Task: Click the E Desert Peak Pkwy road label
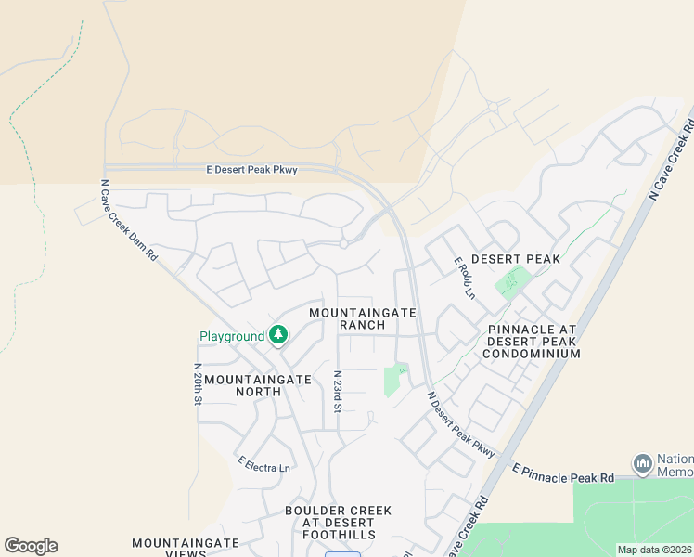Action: (251, 170)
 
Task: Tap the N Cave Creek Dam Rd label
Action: (128, 220)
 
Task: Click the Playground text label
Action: (232, 336)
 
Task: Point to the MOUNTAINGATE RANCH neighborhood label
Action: (362, 319)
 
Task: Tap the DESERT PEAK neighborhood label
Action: (516, 259)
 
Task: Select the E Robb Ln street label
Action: (464, 278)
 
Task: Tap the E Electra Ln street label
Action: (263, 464)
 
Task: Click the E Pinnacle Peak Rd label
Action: (563, 476)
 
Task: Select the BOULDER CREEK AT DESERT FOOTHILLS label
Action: (339, 523)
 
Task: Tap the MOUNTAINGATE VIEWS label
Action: (186, 548)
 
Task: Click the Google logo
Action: (31, 546)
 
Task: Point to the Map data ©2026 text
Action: (654, 550)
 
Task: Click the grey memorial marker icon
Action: (642, 462)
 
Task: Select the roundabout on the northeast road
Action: (493, 108)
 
